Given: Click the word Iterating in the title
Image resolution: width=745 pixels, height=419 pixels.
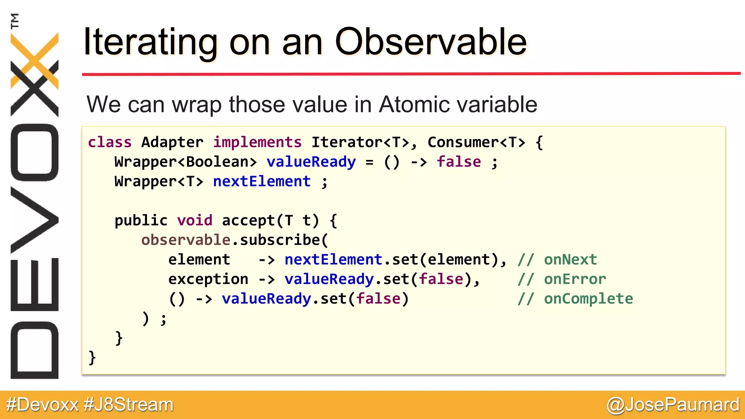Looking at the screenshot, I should click(x=150, y=43).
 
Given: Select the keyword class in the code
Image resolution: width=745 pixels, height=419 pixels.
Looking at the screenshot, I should click(x=109, y=142).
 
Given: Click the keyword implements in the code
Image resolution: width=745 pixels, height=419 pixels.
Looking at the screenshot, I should click(x=257, y=142).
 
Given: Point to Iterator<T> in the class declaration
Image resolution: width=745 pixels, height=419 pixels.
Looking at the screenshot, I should click(x=360, y=142).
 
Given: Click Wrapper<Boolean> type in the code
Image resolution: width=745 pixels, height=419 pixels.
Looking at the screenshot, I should click(x=186, y=162).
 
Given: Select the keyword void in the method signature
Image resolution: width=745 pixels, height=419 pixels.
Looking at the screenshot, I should click(x=195, y=220).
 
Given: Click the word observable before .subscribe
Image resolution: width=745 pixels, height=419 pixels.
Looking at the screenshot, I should click(x=186, y=240).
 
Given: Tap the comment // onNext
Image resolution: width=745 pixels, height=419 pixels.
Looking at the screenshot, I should click(x=557, y=260).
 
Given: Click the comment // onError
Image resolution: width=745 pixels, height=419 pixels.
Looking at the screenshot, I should click(x=562, y=279).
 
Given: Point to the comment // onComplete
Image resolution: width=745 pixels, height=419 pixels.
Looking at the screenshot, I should click(x=575, y=299).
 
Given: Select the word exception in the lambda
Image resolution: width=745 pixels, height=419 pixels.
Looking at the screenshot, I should click(x=208, y=279).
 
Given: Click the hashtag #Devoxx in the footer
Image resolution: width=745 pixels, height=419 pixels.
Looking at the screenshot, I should click(x=42, y=405).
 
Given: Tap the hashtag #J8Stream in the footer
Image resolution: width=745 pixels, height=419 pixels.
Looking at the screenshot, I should click(x=128, y=405).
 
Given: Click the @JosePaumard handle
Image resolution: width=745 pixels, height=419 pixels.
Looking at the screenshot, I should click(x=673, y=405).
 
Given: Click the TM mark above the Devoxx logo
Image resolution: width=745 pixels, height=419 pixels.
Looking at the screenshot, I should click(x=15, y=21).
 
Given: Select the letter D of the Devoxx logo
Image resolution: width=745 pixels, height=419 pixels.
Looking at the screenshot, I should click(x=35, y=350).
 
